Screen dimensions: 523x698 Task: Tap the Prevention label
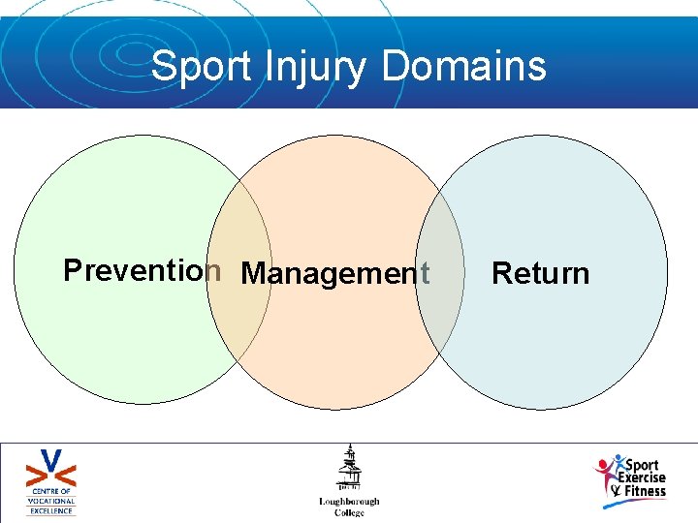coord(142,270)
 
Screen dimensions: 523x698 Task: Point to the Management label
coord(334,274)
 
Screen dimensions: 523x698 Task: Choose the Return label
coord(540,274)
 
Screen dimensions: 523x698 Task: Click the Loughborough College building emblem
coord(349,469)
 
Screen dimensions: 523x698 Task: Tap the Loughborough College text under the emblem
coord(349,507)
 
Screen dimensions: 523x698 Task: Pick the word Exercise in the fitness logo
coord(643,477)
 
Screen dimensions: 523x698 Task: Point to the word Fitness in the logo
coord(645,491)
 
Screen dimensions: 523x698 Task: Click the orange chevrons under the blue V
coord(51,477)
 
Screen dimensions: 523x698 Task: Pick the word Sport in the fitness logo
coord(644,465)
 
